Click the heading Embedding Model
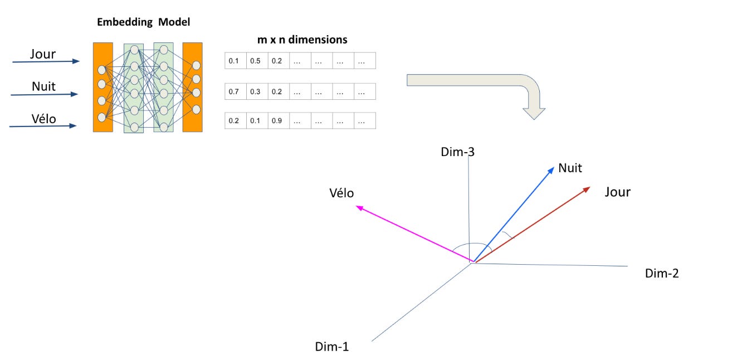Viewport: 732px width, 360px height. pos(144,22)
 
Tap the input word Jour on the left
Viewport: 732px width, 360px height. pos(43,55)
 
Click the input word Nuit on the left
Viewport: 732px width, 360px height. pos(43,86)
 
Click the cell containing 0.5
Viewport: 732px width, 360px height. pos(256,61)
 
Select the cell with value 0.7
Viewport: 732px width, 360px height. pos(235,91)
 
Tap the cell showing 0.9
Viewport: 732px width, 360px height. pos(277,121)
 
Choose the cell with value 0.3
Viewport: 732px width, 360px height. pos(256,91)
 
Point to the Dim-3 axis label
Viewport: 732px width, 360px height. pos(457,152)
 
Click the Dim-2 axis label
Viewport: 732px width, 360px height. pos(662,273)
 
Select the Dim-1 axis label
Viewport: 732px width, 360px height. pos(332,347)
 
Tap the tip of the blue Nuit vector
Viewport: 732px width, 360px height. pos(553,166)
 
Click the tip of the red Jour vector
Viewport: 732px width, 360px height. pos(589,188)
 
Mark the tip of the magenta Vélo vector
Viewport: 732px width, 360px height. pos(357,207)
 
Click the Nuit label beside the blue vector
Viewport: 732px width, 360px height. pos(570,168)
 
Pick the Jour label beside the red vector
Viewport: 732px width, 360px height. pos(617,192)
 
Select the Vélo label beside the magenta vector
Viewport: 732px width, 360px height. pos(341,193)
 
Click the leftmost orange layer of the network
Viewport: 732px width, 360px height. pos(103,87)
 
